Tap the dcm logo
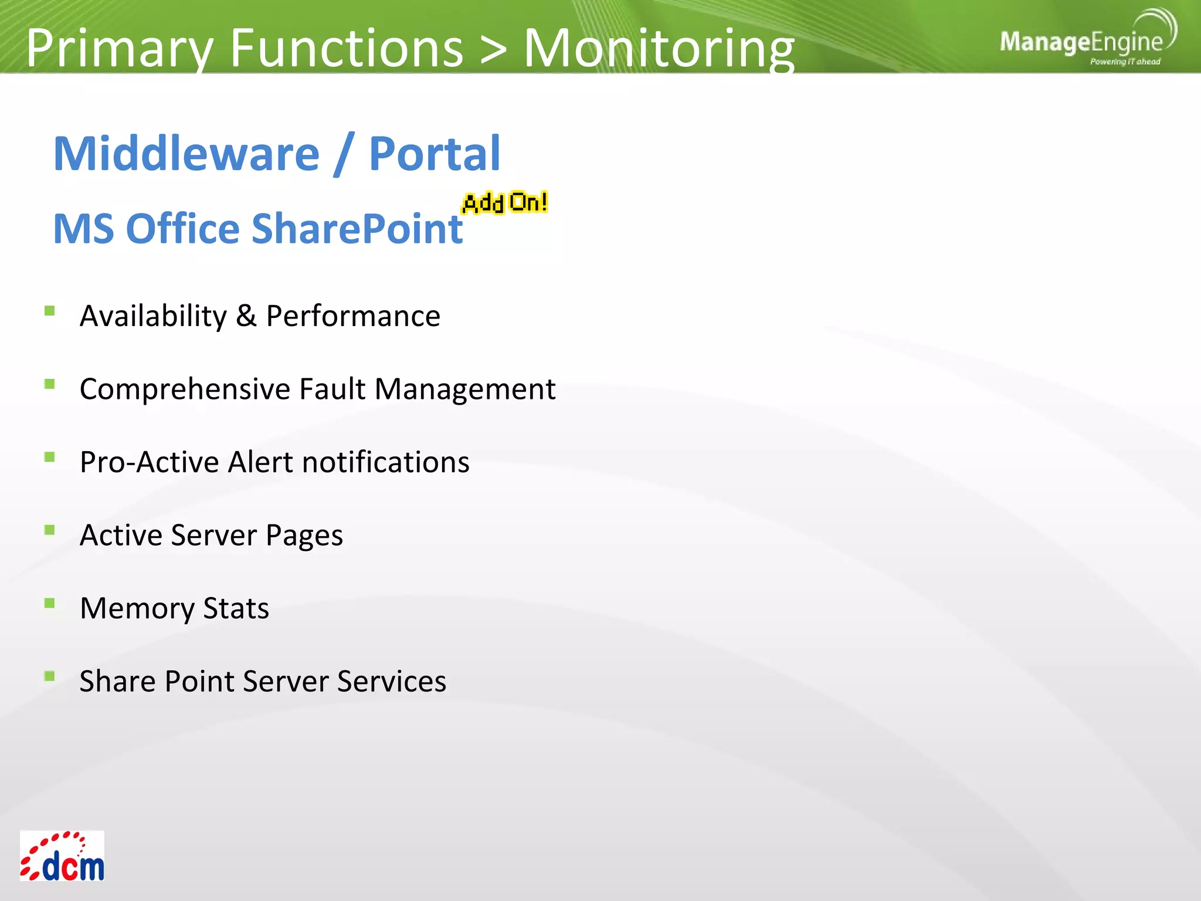coord(62,856)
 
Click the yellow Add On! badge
coord(505,203)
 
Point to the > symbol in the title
coord(493,49)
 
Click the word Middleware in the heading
coord(186,154)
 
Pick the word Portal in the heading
coord(434,154)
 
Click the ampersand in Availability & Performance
coord(246,316)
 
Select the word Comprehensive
coord(185,389)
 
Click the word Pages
coord(304,536)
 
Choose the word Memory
coord(137,609)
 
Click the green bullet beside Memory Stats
coord(50,603)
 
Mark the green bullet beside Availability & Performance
coord(50,311)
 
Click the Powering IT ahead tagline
coord(1125,62)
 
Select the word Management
coord(464,389)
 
